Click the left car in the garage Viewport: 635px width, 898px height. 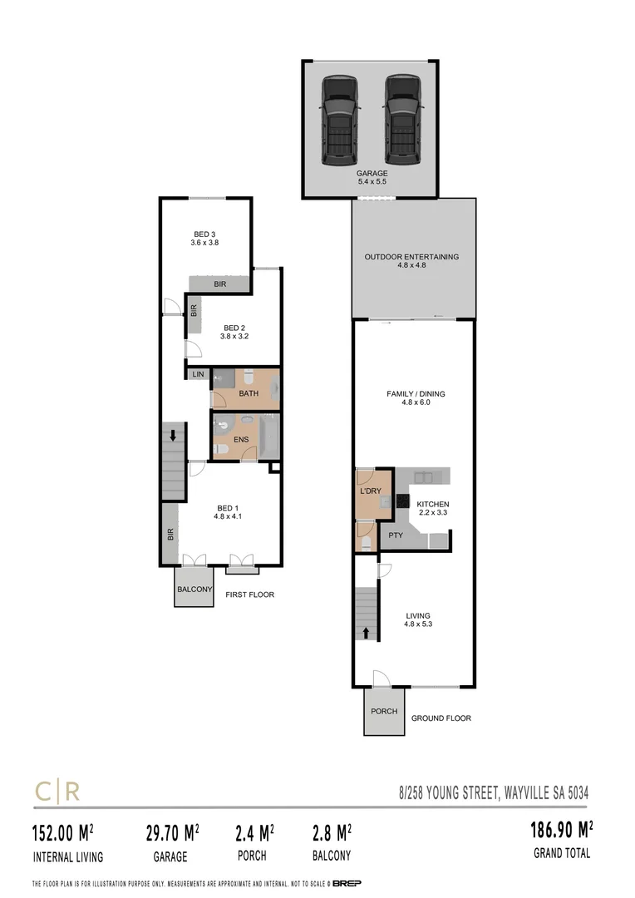pyautogui.click(x=339, y=120)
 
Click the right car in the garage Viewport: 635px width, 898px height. pyautogui.click(x=401, y=120)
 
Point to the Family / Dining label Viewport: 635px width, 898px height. pyautogui.click(x=413, y=397)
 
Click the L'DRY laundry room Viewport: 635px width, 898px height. pyautogui.click(x=370, y=491)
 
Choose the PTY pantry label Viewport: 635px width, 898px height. pyautogui.click(x=396, y=535)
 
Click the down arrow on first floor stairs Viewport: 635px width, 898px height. pyautogui.click(x=172, y=435)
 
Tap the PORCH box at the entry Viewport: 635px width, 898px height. pyautogui.click(x=384, y=712)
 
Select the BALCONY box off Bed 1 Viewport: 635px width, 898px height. pyautogui.click(x=194, y=590)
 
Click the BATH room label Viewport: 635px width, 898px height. pyautogui.click(x=248, y=393)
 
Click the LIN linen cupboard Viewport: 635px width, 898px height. pyautogui.click(x=198, y=375)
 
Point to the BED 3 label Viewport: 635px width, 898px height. pyautogui.click(x=204, y=238)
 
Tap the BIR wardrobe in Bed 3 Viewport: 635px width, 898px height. pyautogui.click(x=219, y=284)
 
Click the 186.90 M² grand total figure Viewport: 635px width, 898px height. pyautogui.click(x=561, y=830)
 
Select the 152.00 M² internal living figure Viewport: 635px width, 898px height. pyautogui.click(x=62, y=831)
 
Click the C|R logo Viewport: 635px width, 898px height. pyautogui.click(x=57, y=791)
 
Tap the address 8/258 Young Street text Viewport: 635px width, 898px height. pyautogui.click(x=494, y=793)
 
